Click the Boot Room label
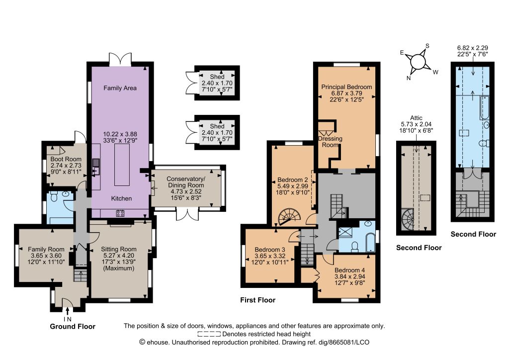pyautogui.click(x=66, y=159)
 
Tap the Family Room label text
pyautogui.click(x=46, y=249)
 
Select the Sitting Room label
pyautogui.click(x=118, y=249)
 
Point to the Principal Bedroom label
pyautogui.click(x=346, y=87)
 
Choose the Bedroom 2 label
pyautogui.click(x=292, y=180)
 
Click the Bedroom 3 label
pyautogui.click(x=270, y=250)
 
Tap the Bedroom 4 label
pyautogui.click(x=349, y=270)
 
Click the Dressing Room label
pyautogui.click(x=330, y=142)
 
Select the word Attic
pyautogui.click(x=416, y=118)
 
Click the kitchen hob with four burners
pyautogui.click(x=120, y=213)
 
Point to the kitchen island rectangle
pyautogui.click(x=122, y=165)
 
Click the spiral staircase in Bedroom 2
pyautogui.click(x=290, y=216)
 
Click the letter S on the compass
pyautogui.click(x=427, y=46)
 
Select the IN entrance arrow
pyautogui.click(x=67, y=311)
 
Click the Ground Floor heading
pyautogui.click(x=73, y=327)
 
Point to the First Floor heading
pyautogui.click(x=258, y=300)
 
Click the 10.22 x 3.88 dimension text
pyautogui.click(x=120, y=134)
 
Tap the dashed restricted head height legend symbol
pyautogui.click(x=209, y=334)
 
